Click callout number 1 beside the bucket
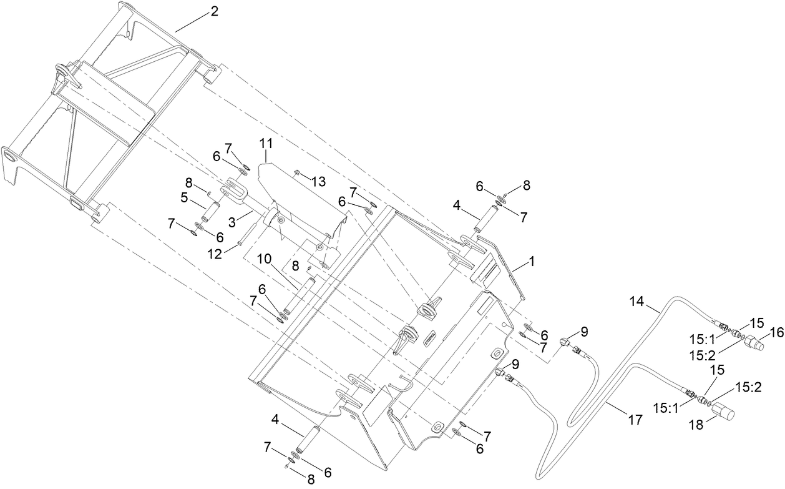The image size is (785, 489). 532,261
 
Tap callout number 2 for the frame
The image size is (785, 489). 213,11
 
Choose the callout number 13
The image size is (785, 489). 318,182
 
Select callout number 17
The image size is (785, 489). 635,420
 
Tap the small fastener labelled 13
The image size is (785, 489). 298,172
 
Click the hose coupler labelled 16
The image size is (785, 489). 758,344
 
